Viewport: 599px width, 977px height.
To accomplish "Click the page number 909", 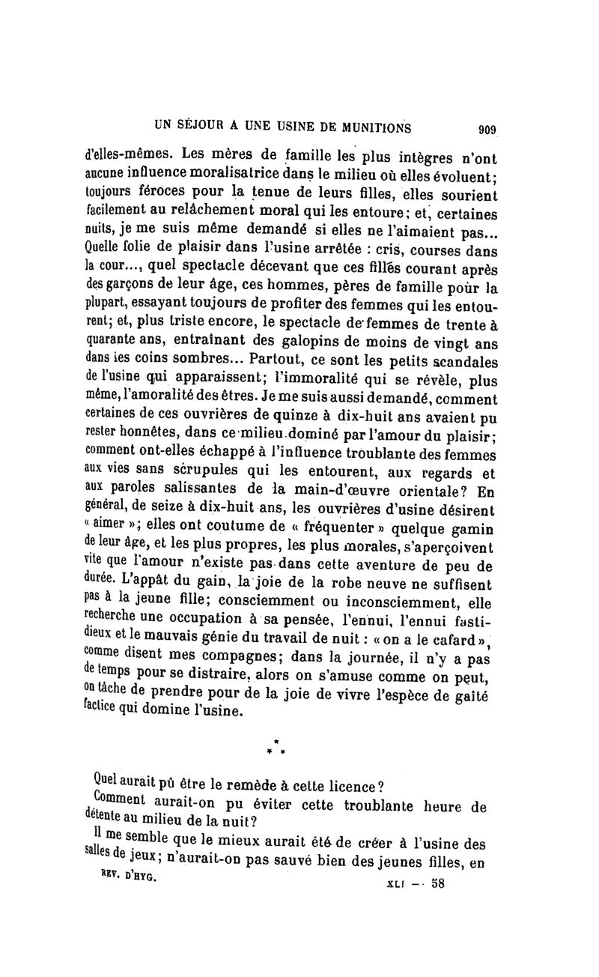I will (487, 129).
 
